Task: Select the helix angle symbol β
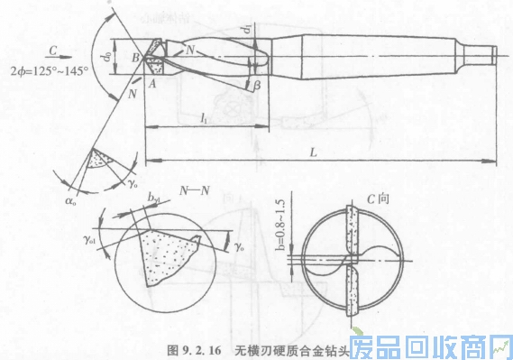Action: pos(258,84)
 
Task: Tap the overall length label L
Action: pos(315,154)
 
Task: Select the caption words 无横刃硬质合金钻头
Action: pos(285,348)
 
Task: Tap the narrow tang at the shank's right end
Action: pos(490,54)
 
